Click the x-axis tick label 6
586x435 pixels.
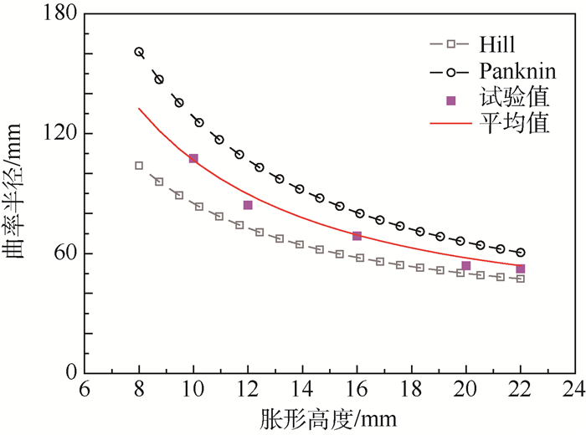85,390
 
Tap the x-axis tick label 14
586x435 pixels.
302,390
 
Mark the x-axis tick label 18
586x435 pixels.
411,390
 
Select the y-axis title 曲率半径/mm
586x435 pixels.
18,194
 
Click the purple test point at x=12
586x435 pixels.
248,205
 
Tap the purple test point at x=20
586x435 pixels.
466,266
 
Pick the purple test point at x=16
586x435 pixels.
357,236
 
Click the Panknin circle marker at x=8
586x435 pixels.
139,52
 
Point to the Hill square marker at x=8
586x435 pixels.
139,166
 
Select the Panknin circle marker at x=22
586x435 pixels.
521,252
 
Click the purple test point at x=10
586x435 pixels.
193,158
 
